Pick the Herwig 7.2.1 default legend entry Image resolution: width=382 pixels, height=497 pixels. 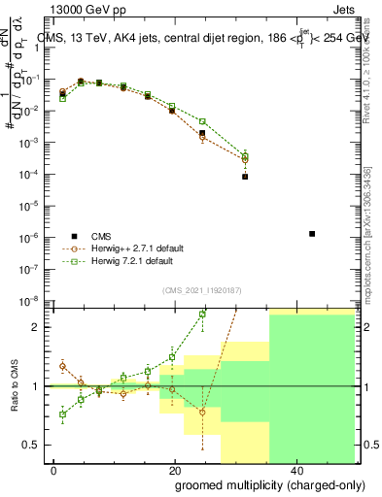click(x=133, y=261)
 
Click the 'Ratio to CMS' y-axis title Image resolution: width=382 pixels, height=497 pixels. click(x=14, y=388)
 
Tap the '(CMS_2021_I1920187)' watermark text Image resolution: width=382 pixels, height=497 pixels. click(x=201, y=289)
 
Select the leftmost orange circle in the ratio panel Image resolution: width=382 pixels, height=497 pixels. click(x=63, y=366)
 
